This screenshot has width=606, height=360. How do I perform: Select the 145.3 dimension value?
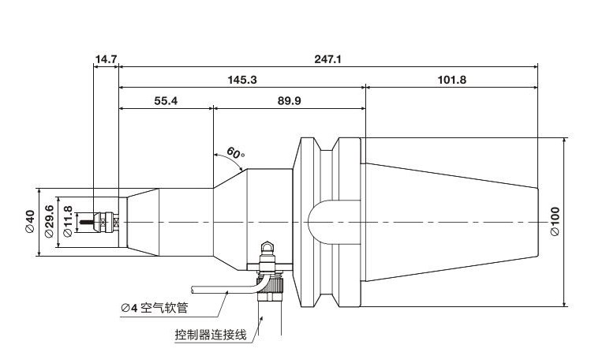[242, 80]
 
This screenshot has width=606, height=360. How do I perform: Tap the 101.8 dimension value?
[451, 80]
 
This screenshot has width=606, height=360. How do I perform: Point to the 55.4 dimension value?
[165, 101]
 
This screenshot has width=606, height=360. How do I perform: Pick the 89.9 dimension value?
[289, 101]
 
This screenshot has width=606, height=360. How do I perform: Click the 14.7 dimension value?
[106, 59]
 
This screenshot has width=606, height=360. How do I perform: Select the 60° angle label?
[234, 152]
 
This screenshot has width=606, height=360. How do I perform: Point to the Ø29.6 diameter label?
[49, 222]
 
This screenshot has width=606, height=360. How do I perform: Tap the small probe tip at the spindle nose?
[101, 222]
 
